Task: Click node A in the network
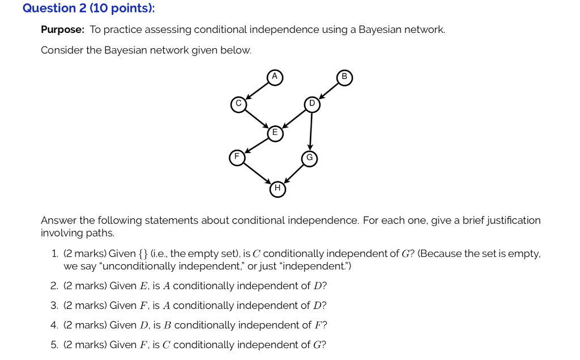[x=275, y=78]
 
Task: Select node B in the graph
[x=344, y=78]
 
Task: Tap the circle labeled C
[x=238, y=104]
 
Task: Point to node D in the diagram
[x=312, y=104]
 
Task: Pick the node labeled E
[x=275, y=133]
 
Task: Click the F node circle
[x=237, y=158]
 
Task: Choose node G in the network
[x=310, y=159]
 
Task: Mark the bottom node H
[x=278, y=189]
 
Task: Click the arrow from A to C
[x=257, y=90]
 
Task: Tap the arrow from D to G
[x=311, y=132]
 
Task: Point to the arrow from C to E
[x=257, y=118]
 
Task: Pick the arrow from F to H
[x=257, y=173]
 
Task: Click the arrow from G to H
[x=294, y=173]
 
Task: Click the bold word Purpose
[x=62, y=29]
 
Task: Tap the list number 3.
[x=54, y=306]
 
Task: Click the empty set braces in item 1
[x=143, y=254]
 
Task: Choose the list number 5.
[x=54, y=345]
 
